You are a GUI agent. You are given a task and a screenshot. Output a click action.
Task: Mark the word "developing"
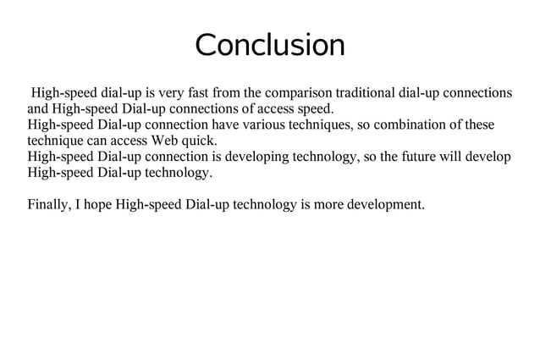pyautogui.click(x=265, y=157)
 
